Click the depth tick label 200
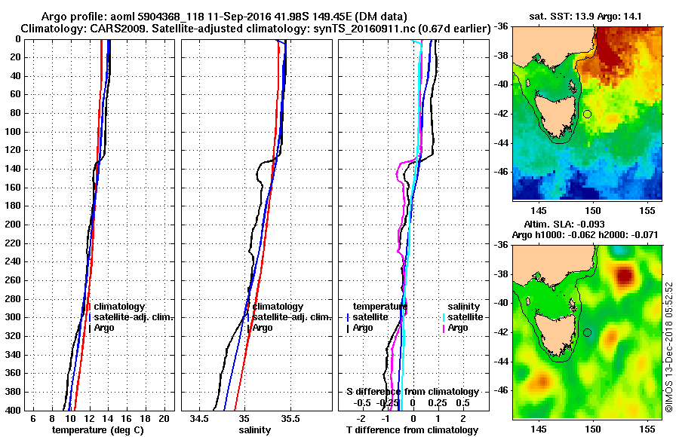(11, 225)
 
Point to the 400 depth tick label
(11, 410)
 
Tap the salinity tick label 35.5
(290, 418)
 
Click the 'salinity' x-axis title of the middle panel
(255, 429)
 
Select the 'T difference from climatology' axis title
(412, 430)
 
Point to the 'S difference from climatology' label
(413, 392)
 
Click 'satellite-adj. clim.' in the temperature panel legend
(134, 317)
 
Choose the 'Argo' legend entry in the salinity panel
(262, 328)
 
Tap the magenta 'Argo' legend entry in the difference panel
(458, 328)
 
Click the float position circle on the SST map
(587, 114)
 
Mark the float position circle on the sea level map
(587, 332)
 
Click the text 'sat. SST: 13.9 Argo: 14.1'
(586, 17)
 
